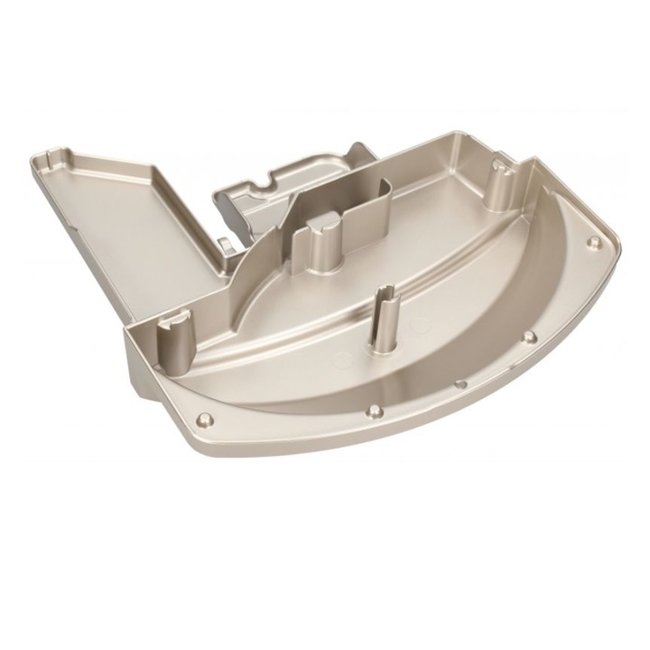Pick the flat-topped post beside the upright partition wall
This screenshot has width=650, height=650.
(x=323, y=242)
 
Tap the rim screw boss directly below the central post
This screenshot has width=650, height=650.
(x=372, y=414)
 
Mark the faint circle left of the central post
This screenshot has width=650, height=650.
(x=344, y=358)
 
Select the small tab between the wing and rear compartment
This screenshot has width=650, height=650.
(x=222, y=244)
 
